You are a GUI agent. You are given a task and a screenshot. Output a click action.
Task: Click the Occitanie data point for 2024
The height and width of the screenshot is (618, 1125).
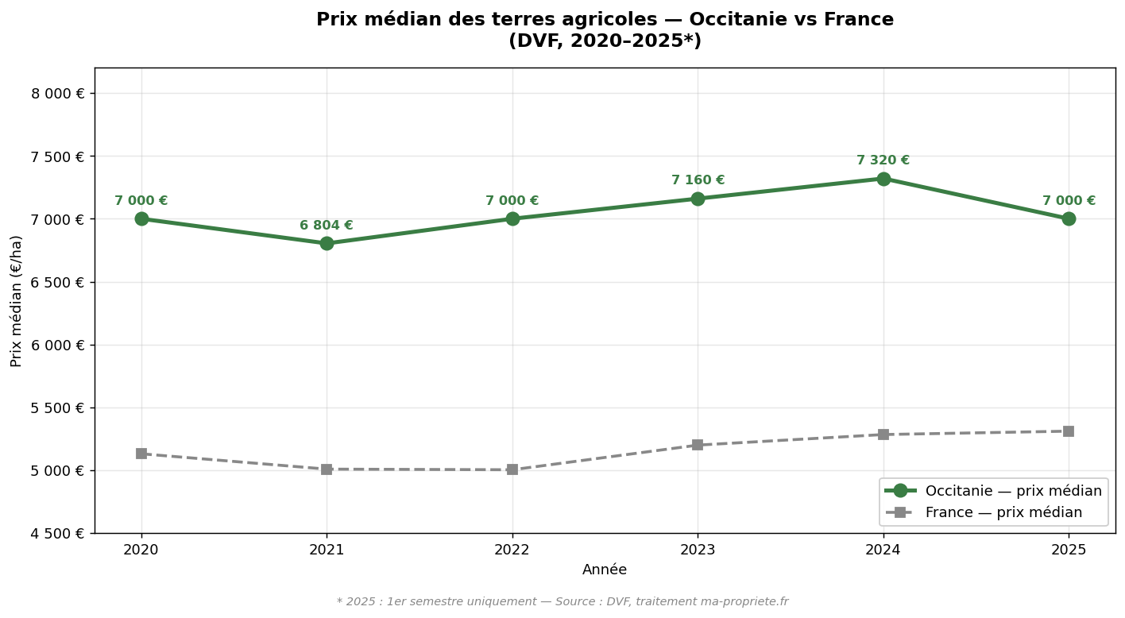pos(883,179)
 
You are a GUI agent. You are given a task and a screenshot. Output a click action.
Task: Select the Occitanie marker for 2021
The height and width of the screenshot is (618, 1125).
pos(327,243)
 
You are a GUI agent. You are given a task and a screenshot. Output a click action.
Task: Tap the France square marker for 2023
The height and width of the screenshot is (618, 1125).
pos(698,445)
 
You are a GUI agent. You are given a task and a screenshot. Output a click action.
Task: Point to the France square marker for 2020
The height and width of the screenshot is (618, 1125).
pos(141,454)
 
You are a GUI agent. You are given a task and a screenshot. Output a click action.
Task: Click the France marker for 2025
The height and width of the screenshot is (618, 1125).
pos(1069,431)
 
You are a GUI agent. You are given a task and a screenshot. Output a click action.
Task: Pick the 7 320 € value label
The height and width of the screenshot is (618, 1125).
pos(883,160)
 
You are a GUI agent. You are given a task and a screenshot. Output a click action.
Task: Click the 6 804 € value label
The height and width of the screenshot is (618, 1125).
pos(327,226)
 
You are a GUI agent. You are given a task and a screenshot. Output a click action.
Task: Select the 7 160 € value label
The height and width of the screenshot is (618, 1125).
pos(698,180)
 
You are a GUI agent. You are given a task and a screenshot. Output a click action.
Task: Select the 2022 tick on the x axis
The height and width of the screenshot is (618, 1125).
pos(512,549)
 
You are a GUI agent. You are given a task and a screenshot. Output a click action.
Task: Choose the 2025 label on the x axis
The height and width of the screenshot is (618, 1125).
pos(1069,549)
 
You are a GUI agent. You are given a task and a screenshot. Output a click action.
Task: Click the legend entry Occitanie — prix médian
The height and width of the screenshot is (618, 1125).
pos(1013,491)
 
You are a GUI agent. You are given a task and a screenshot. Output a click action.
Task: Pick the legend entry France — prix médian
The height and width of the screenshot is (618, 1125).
pos(1003,512)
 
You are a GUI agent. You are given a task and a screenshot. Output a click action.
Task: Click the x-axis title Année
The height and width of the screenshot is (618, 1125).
pos(605,570)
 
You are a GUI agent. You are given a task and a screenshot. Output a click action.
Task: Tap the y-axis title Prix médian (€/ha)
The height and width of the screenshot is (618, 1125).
pos(17,301)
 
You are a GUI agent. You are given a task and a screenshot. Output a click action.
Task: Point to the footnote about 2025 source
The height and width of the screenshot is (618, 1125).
pos(562,601)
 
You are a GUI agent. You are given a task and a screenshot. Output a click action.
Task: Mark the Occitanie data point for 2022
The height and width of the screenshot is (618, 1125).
pos(512,218)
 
